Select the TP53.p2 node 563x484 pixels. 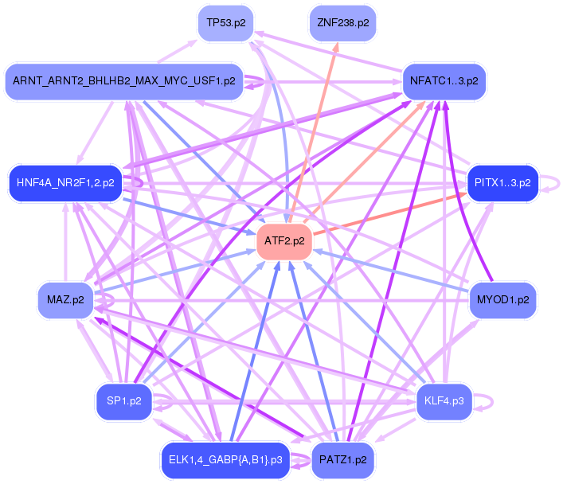click(231, 23)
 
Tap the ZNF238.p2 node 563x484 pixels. click(342, 23)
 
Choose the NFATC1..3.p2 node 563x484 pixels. click(444, 81)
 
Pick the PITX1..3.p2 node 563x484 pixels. click(502, 182)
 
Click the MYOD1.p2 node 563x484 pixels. click(502, 300)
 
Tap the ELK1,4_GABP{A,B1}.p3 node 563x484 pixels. click(224, 460)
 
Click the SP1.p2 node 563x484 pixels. click(123, 401)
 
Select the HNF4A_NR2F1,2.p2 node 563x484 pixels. click(65, 182)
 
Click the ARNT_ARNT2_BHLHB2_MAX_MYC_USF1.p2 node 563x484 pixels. click(123, 81)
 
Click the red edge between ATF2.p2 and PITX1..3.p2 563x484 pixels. click(390, 212)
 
